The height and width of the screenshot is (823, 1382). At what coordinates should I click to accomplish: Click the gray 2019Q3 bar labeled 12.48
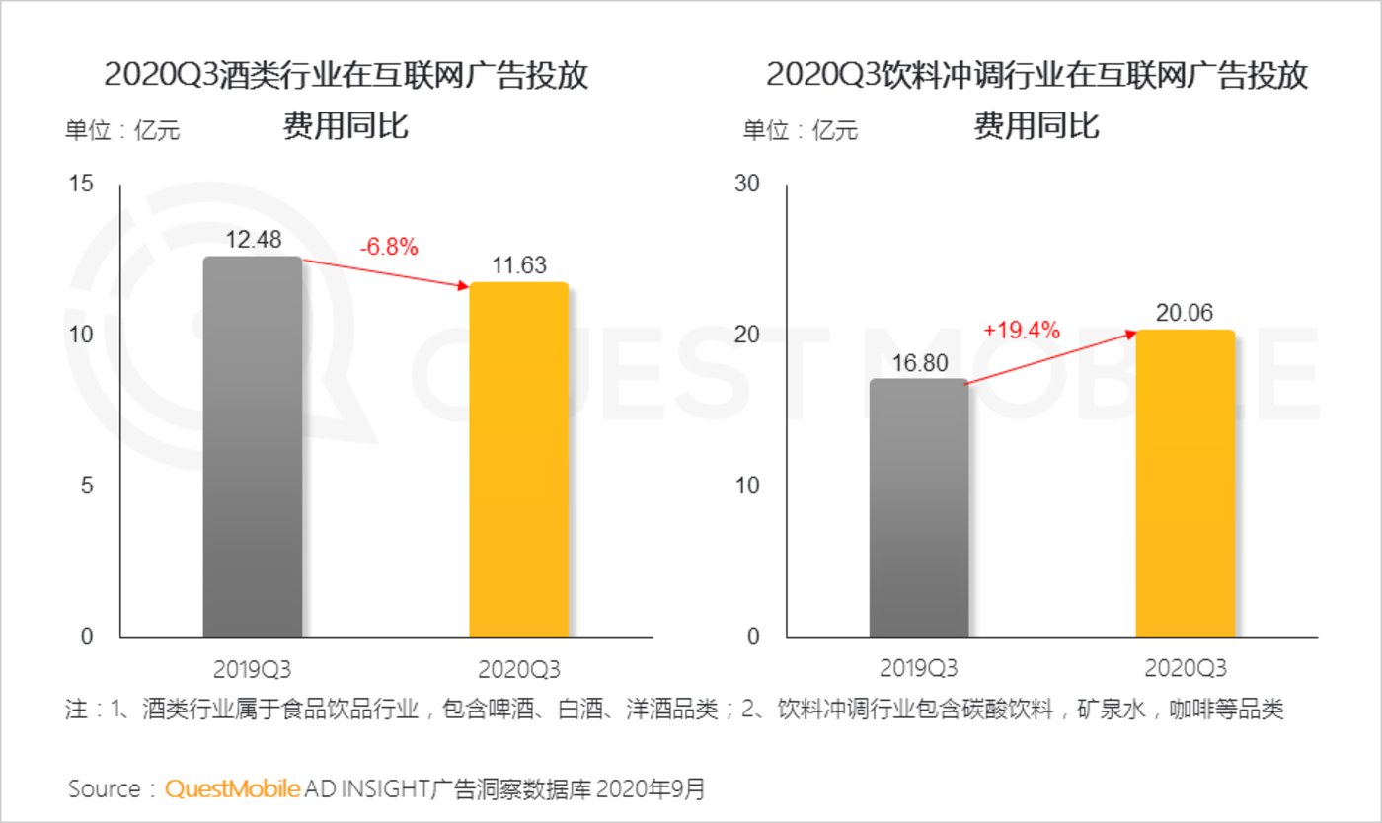pyautogui.click(x=253, y=447)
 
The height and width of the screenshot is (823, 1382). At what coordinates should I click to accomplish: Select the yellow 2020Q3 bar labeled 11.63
pyautogui.click(x=518, y=460)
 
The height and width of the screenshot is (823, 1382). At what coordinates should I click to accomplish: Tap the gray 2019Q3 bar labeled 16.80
pyautogui.click(x=918, y=508)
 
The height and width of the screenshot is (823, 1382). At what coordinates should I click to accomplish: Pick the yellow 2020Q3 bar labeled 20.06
pyautogui.click(x=1185, y=484)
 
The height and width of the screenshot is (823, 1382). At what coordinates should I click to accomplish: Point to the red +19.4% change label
pyautogui.click(x=1022, y=331)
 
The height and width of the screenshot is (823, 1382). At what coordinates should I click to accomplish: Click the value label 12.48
pyautogui.click(x=253, y=239)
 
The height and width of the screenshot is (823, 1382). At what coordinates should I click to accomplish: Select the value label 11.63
pyautogui.click(x=518, y=264)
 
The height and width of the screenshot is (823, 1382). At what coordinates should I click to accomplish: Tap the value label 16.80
pyautogui.click(x=918, y=362)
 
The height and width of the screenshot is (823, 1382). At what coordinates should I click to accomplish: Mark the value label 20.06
pyautogui.click(x=1185, y=312)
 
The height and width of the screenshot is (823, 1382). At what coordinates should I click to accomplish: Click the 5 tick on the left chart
pyautogui.click(x=87, y=486)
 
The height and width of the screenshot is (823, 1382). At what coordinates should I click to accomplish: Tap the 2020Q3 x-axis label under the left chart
pyautogui.click(x=518, y=668)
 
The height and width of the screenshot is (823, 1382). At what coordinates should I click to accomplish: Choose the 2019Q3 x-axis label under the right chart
pyautogui.click(x=918, y=668)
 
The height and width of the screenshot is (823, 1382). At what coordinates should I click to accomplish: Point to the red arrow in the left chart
pyautogui.click(x=385, y=273)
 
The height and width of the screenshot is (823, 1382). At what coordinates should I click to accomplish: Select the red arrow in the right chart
pyautogui.click(x=1051, y=357)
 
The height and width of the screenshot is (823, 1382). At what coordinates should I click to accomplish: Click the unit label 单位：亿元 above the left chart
pyautogui.click(x=122, y=129)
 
